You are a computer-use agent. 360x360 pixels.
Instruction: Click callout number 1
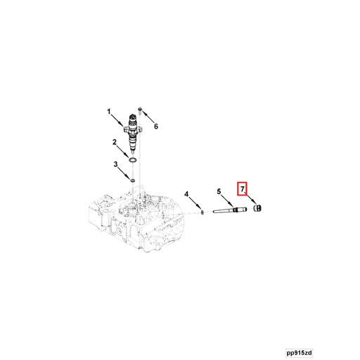109,111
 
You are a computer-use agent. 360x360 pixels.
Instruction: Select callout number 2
115,142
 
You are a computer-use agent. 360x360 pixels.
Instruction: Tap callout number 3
116,165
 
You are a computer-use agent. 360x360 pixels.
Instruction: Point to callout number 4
187,194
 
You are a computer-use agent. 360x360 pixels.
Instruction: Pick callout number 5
219,191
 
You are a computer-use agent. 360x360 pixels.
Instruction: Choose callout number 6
156,127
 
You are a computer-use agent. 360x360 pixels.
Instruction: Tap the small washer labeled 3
131,181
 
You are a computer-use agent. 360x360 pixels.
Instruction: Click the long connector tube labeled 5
232,208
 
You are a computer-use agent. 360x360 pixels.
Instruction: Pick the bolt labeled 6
141,112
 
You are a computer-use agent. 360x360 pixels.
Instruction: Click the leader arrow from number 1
117,120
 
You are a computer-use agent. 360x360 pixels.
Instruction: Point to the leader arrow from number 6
149,120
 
